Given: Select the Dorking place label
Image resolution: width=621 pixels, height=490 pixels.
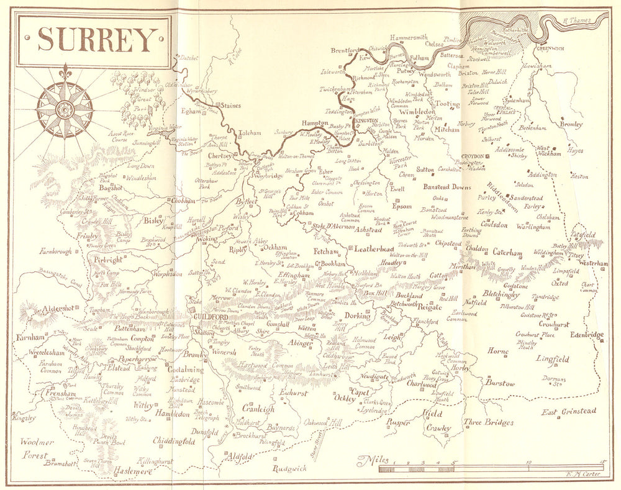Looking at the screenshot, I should tap(357, 315).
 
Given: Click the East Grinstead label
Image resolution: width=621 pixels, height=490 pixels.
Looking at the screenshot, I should tap(568, 411).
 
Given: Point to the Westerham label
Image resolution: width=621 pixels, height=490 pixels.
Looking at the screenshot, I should tap(593, 263).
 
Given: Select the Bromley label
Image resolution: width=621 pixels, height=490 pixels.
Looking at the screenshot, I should tap(571, 124).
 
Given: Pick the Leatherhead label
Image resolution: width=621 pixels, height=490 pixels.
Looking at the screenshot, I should tap(370, 248).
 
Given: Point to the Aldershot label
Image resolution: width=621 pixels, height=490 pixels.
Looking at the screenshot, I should tap(58, 309).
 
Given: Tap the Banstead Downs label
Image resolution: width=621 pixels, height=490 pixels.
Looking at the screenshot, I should tap(446, 187).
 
